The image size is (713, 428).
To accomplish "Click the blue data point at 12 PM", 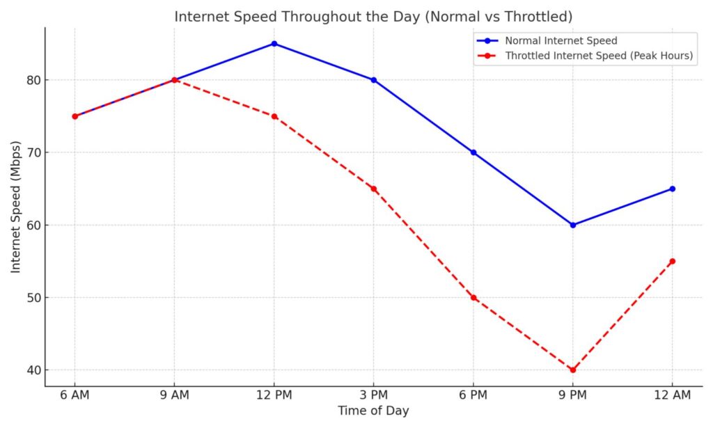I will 274,44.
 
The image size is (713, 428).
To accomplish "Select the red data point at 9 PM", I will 573,370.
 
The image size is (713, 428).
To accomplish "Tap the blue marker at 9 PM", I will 573,225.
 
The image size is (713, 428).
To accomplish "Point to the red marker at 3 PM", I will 374,189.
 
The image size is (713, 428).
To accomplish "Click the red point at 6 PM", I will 473,298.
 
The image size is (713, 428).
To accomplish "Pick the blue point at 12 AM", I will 673,189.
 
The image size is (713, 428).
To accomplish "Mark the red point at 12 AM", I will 673,261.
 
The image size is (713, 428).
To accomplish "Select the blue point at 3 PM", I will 374,80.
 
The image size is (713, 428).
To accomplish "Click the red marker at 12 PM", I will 274,116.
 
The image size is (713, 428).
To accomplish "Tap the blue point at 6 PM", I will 473,152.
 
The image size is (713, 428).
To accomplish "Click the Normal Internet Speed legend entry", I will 561,41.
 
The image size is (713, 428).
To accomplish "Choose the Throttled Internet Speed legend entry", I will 599,56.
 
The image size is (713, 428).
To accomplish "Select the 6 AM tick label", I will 75,395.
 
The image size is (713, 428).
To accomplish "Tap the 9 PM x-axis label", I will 573,395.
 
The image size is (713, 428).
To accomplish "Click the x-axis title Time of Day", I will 373,411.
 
